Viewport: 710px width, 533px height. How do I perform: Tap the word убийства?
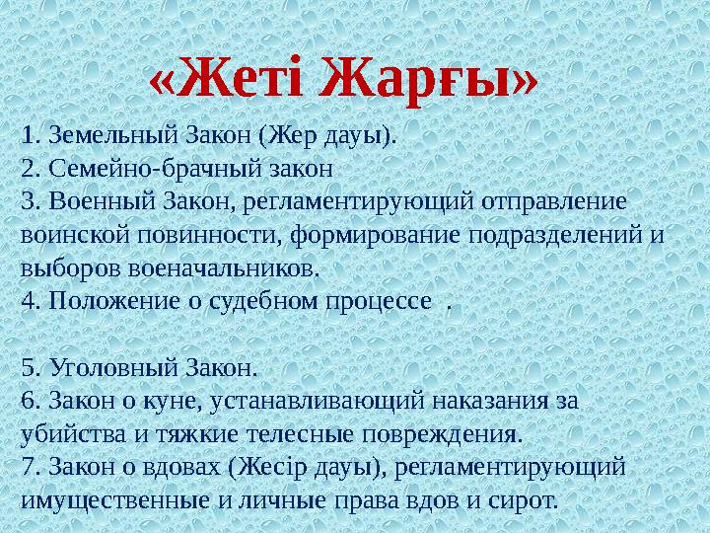pos(67,434)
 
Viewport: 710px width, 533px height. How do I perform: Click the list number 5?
pos(28,368)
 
